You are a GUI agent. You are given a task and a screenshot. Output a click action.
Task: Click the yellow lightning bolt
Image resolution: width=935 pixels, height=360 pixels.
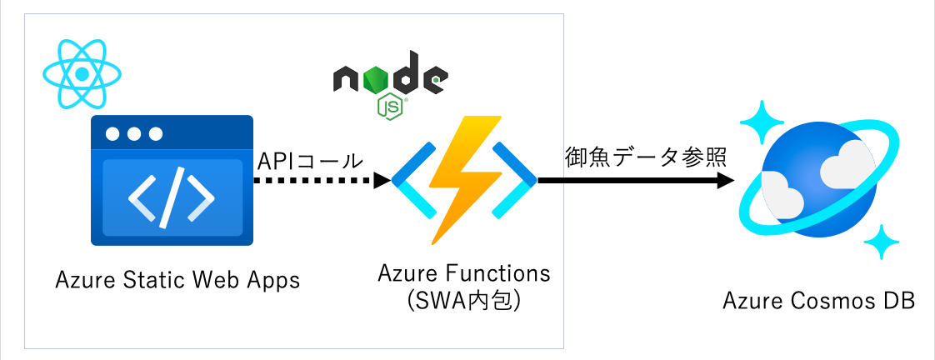(x=465, y=179)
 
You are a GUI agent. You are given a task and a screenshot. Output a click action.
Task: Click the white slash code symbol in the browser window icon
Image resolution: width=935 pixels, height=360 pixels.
(x=172, y=199)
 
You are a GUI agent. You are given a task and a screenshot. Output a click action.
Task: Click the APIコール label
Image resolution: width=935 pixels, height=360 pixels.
(x=310, y=159)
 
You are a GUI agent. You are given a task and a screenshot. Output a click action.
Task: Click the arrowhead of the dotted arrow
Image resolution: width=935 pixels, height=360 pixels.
(x=381, y=180)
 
